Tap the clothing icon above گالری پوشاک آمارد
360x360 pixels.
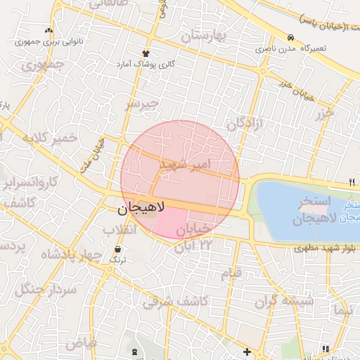pyautogui.click(x=146, y=53)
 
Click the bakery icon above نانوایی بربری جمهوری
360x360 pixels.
pyautogui.click(x=48, y=31)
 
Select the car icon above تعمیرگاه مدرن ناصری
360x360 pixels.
pyautogui.click(x=290, y=37)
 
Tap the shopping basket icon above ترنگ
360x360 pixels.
pyautogui.click(x=117, y=250)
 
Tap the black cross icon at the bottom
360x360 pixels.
pyautogui.click(x=247, y=351)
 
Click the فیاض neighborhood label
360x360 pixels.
pyautogui.click(x=81, y=344)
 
